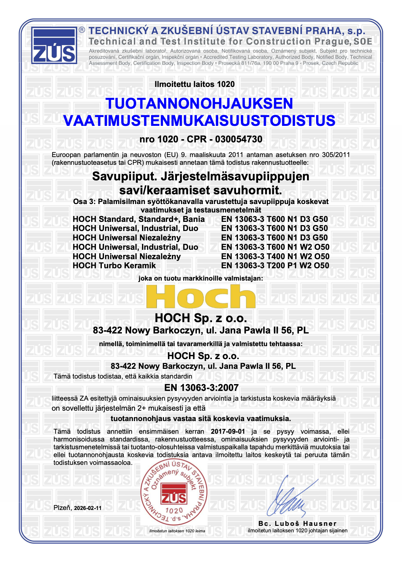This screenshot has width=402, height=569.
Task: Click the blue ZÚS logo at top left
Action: (54, 45)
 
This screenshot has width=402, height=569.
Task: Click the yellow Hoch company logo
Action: (201, 297)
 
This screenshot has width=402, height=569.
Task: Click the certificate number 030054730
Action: (239, 139)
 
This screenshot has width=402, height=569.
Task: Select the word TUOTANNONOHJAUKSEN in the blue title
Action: (199, 103)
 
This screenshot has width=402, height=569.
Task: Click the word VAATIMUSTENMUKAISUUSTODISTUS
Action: (199, 120)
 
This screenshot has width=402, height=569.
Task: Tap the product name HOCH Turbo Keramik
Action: (114, 265)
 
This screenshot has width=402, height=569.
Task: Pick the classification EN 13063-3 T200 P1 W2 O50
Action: (275, 265)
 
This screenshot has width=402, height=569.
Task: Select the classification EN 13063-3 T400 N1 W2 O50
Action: (275, 256)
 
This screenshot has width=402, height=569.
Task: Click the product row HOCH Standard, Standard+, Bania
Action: (138, 219)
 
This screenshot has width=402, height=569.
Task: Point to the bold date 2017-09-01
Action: (228, 431)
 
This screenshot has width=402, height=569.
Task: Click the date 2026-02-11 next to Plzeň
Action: (88, 508)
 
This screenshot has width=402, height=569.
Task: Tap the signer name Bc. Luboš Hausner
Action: (297, 523)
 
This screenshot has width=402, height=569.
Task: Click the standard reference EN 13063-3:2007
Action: (201, 388)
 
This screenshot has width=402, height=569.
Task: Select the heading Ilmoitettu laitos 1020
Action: (195, 84)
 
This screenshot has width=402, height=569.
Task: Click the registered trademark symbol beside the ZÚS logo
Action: (82, 30)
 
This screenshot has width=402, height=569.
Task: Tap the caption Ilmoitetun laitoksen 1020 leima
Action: (177, 531)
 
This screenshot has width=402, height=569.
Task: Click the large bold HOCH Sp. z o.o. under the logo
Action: (201, 318)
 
